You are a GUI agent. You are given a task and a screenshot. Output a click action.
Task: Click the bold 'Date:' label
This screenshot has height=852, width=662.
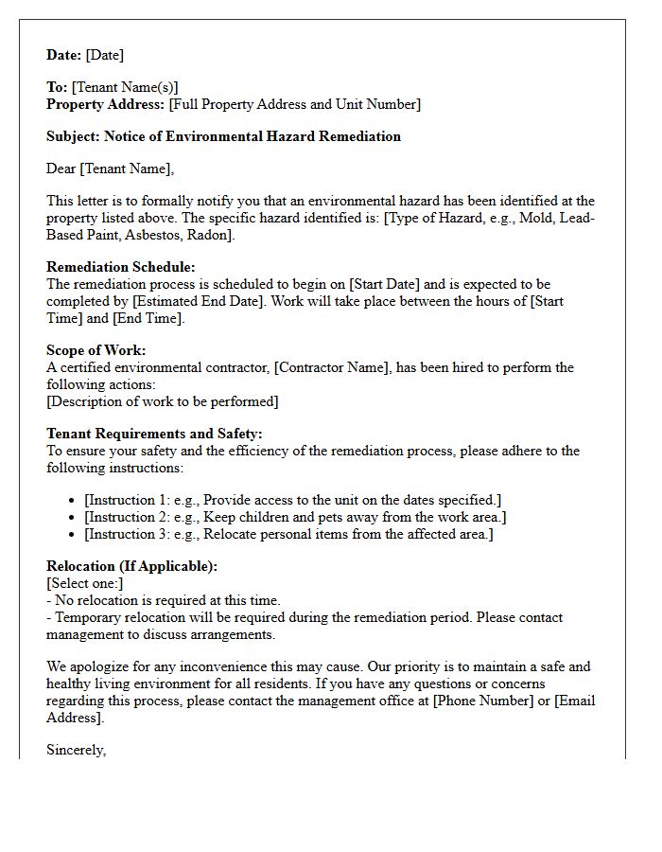pyautogui.click(x=64, y=55)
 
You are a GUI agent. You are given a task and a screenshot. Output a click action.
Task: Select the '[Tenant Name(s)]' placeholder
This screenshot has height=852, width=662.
pyautogui.click(x=125, y=87)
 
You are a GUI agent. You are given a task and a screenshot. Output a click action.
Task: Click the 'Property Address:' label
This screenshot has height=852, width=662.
pyautogui.click(x=106, y=104)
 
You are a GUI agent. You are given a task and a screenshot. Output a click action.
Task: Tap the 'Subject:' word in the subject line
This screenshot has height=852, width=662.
pyautogui.click(x=73, y=136)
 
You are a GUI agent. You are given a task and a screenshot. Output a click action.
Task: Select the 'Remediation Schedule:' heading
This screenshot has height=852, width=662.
pyautogui.click(x=121, y=267)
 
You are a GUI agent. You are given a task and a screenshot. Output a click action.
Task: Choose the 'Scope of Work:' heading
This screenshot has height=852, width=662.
pyautogui.click(x=96, y=350)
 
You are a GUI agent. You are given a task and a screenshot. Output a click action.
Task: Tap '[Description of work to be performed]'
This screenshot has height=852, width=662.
pyautogui.click(x=163, y=401)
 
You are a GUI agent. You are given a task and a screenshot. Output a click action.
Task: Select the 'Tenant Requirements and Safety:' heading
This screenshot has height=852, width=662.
pyautogui.click(x=153, y=434)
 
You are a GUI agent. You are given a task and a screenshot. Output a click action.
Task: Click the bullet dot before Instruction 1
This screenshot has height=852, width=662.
pyautogui.click(x=73, y=501)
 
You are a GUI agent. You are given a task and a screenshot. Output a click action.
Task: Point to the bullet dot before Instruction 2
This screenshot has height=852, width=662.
pyautogui.click(x=73, y=518)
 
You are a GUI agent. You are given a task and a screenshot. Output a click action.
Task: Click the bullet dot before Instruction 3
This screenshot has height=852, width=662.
pyautogui.click(x=73, y=535)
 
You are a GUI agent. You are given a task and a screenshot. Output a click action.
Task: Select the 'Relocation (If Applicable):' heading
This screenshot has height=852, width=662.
pyautogui.click(x=131, y=566)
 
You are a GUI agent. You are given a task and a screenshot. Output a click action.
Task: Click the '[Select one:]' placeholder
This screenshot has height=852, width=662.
pyautogui.click(x=85, y=583)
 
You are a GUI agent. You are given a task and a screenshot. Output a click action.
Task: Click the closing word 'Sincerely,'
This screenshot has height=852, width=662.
pyautogui.click(x=77, y=750)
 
